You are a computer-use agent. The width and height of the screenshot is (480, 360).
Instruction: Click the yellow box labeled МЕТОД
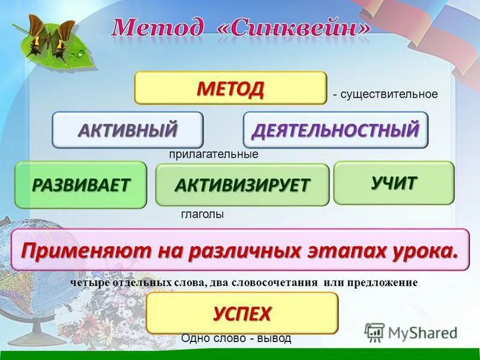pos(230,88)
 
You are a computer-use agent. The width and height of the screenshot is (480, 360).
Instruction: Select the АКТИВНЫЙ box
pos(127,130)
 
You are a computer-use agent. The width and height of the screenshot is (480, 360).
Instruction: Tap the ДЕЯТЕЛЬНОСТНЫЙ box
pos(335,130)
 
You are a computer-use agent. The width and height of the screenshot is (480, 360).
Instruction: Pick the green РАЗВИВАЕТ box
pos(80,185)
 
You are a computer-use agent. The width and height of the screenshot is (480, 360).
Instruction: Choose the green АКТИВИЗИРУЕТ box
pos(242,185)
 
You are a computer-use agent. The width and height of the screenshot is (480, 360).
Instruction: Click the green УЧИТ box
pos(394,183)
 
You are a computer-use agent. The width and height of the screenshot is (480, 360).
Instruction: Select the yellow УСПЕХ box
pos(242,313)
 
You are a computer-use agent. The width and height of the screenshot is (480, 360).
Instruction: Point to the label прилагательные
pos(213,154)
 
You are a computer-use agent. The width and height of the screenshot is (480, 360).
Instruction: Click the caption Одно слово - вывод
pos(236,338)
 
